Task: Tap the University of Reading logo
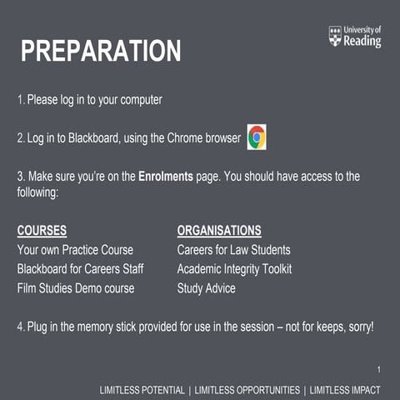click(x=356, y=36)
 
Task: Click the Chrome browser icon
click(x=257, y=137)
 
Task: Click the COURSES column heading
click(x=42, y=230)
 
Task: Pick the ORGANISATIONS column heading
click(x=219, y=230)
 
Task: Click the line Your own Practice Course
click(x=75, y=250)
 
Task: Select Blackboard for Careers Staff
click(x=80, y=269)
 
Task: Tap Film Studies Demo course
click(x=76, y=288)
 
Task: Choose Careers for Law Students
click(x=233, y=250)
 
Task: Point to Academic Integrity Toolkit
click(x=234, y=269)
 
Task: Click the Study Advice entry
click(x=206, y=288)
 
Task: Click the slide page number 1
click(x=378, y=369)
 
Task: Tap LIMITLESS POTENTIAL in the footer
click(x=141, y=390)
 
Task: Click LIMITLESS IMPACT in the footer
click(x=343, y=390)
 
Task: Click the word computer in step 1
click(x=139, y=100)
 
